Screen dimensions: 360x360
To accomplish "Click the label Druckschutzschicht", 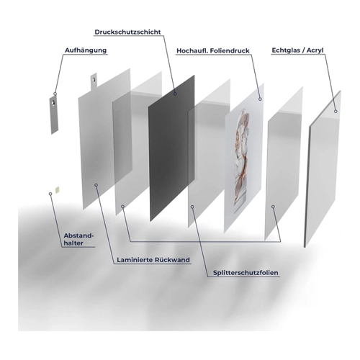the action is (x=127, y=32).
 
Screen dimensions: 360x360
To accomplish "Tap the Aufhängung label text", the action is (x=86, y=50).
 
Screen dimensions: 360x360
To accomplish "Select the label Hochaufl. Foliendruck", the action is (x=213, y=51).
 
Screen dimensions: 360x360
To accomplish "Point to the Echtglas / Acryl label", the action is (x=297, y=50).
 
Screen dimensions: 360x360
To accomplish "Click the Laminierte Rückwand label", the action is (x=153, y=260).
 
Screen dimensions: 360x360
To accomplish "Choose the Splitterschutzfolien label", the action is (x=246, y=273).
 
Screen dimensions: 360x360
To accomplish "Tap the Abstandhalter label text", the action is (x=78, y=239).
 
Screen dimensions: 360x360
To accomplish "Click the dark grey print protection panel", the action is (x=171, y=148).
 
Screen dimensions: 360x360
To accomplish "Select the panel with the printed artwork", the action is (x=244, y=158).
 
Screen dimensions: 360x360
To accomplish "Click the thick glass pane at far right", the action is (x=323, y=169).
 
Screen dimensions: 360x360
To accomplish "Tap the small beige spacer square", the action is (x=57, y=190).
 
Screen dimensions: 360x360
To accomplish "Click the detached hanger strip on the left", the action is (x=54, y=114).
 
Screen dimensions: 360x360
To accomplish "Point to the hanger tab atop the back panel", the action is (x=94, y=81).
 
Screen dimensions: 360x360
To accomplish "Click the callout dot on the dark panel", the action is (x=176, y=94).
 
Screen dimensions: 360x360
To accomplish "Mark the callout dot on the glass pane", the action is (x=336, y=112).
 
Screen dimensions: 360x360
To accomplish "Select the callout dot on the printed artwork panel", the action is (x=260, y=99).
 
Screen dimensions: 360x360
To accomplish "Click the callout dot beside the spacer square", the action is (x=50, y=194).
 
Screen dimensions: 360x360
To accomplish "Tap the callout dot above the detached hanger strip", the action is (x=55, y=94).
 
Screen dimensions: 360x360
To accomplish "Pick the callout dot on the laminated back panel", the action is (x=96, y=185).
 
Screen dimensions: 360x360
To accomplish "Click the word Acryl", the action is (x=315, y=50).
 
